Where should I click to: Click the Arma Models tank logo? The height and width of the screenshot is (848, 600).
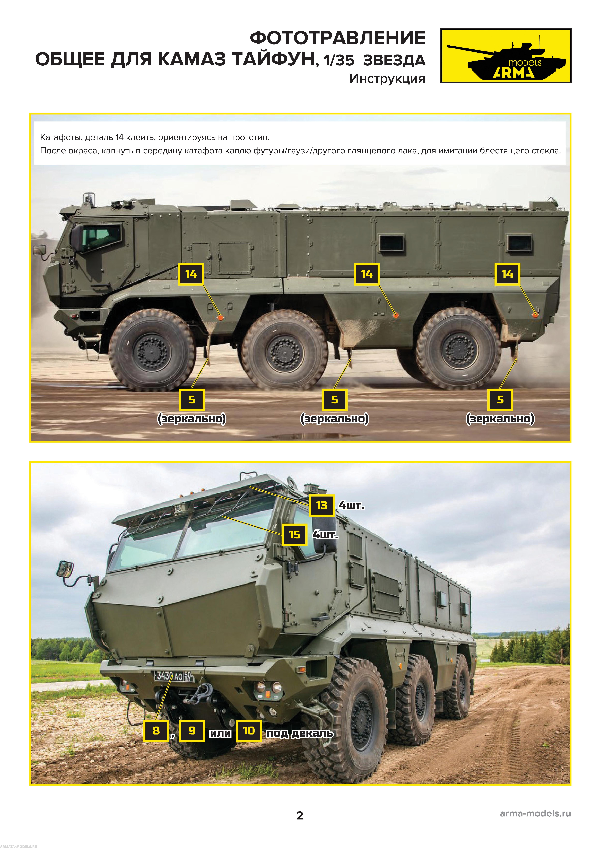[x=506, y=55]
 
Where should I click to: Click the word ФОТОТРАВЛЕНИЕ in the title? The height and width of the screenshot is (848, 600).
[x=338, y=38]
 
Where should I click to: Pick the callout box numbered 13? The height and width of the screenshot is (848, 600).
[x=322, y=505]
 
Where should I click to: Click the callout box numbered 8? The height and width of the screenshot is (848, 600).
[x=156, y=731]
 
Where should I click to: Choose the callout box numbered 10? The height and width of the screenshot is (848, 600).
[x=249, y=731]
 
